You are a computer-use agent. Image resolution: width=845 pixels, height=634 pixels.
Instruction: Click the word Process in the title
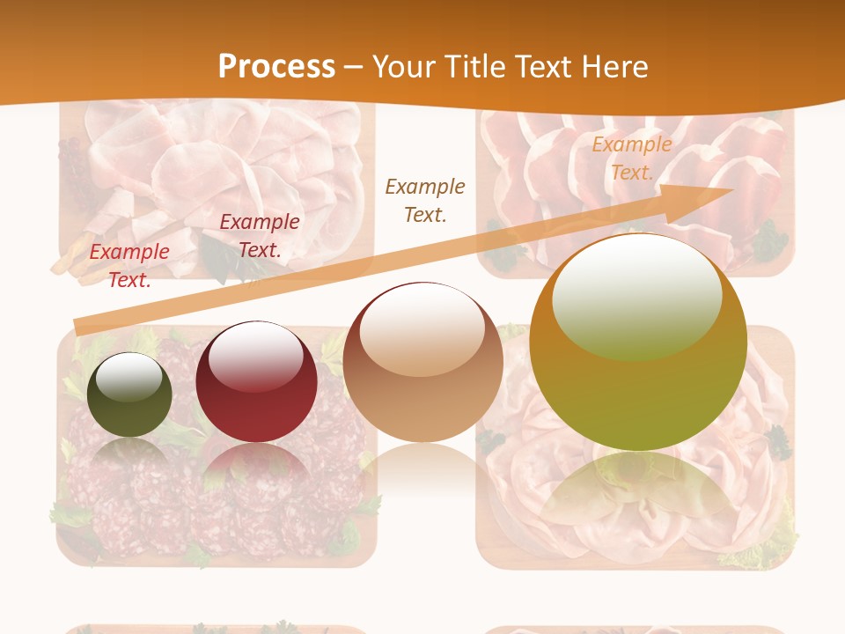(276, 66)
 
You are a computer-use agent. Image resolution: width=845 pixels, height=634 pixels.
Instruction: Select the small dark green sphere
(129, 394)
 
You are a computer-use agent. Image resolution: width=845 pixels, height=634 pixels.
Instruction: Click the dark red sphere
(256, 383)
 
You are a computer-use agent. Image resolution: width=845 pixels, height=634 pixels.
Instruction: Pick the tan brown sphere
(423, 363)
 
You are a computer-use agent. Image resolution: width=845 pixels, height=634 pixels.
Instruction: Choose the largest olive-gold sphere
(638, 342)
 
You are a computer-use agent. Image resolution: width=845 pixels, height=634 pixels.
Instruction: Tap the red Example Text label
(129, 265)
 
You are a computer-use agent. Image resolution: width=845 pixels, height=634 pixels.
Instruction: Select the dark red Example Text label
(260, 235)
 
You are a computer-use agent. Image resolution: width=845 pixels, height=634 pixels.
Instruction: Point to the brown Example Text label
(425, 200)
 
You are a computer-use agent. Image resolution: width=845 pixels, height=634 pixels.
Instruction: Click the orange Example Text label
(631, 158)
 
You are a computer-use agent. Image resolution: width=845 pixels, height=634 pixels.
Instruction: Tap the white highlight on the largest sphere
(636, 295)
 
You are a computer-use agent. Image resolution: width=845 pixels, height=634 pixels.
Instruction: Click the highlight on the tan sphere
(422, 331)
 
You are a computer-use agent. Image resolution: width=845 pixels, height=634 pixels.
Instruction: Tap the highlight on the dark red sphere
(256, 357)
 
